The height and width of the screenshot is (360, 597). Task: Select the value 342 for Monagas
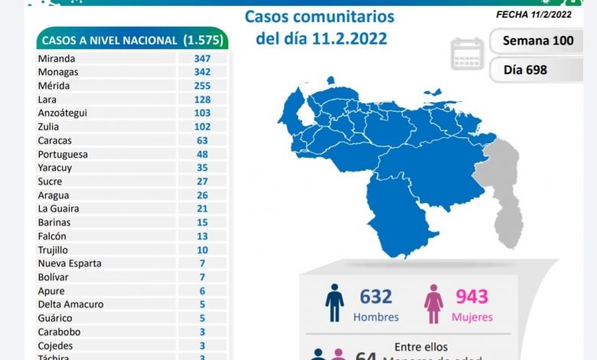pos(201,72)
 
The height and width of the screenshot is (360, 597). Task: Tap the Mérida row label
pos(54,86)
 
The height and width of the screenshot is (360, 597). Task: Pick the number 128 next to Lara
pos(201,100)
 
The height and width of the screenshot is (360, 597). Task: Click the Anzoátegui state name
pos(63,113)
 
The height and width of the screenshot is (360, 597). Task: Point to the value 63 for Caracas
pos(201,141)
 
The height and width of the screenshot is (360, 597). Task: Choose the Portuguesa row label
pos(63,155)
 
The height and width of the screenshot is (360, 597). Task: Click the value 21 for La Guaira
pos(201,209)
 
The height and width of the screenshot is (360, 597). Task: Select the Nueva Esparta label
pos(70,263)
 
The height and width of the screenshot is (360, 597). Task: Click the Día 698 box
pos(526,70)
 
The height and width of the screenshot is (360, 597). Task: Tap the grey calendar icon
pos(467,54)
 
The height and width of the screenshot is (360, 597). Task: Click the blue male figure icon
pos(334,303)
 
